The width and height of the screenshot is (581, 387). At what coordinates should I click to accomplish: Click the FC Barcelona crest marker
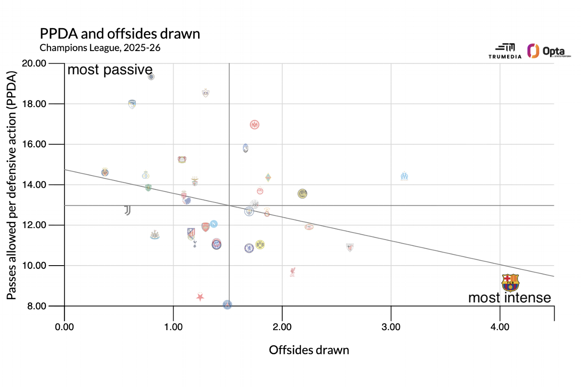click(x=510, y=283)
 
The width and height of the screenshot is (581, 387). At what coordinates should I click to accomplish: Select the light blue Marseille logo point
click(x=404, y=176)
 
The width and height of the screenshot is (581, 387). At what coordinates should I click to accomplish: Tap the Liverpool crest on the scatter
click(x=292, y=272)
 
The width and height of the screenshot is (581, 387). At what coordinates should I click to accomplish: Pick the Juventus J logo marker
click(x=127, y=210)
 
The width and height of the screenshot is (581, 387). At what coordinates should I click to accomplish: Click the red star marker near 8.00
click(x=200, y=297)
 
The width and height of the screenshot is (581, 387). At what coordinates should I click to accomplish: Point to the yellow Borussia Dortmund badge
click(x=260, y=245)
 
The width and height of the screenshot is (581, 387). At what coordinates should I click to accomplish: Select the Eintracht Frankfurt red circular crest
click(x=255, y=125)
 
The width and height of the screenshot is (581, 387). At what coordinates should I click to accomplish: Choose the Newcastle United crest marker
click(x=155, y=235)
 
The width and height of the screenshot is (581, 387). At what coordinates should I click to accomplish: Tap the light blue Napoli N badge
click(x=214, y=224)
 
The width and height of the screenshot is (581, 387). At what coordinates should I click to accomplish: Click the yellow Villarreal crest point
click(x=105, y=172)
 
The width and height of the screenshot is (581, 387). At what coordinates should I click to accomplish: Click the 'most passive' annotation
click(x=110, y=70)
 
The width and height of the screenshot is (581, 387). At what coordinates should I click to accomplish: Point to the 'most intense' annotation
click(x=509, y=298)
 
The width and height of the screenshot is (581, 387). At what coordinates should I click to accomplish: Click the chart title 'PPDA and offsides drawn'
click(x=120, y=34)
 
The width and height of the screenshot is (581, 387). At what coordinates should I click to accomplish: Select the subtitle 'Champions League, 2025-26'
click(x=100, y=47)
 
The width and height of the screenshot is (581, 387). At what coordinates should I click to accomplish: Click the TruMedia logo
click(x=505, y=52)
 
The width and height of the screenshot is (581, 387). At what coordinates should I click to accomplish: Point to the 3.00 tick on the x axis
click(x=391, y=327)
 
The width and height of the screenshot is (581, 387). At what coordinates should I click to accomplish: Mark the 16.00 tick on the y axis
click(x=47, y=144)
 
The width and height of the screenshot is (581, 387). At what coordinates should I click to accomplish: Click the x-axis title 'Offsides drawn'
click(x=309, y=350)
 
